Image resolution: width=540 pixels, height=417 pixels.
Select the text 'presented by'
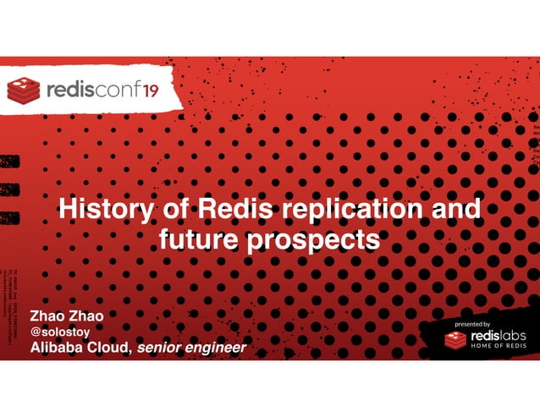click(472, 324)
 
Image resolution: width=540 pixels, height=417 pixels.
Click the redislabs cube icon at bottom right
click(455, 340)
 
